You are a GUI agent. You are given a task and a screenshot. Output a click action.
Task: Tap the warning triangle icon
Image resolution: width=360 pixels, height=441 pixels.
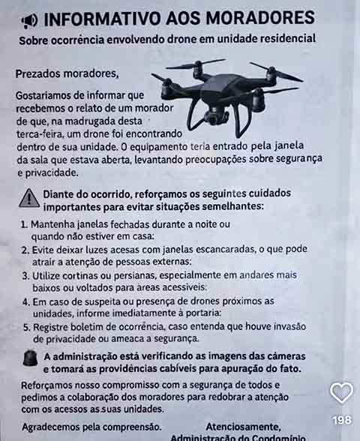click(x=28, y=198)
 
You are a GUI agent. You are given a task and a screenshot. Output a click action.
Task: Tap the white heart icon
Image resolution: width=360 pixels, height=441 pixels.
click(x=341, y=391)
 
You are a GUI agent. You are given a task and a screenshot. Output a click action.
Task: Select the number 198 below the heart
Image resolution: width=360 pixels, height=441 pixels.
click(x=341, y=420)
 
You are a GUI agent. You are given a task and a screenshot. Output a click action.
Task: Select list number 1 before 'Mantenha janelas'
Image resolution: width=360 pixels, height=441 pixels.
click(x=25, y=224)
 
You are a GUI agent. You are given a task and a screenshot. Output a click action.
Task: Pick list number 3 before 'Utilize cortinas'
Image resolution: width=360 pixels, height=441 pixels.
click(x=25, y=276)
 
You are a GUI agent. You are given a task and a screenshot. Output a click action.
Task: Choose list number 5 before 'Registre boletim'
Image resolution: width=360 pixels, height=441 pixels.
click(x=25, y=327)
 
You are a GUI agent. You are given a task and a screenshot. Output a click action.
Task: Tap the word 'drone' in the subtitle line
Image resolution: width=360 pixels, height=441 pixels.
click(x=179, y=38)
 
